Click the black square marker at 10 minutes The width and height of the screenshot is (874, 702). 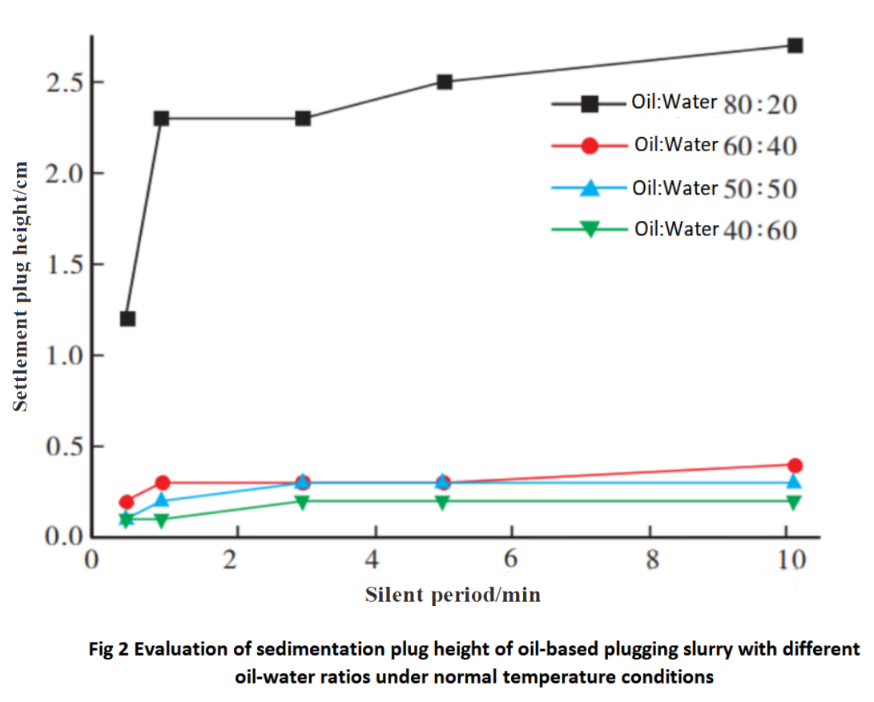coord(795,46)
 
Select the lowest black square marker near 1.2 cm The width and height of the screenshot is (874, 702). coord(127,319)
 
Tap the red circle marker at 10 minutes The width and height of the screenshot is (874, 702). coord(795,465)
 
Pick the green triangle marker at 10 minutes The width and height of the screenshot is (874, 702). coord(795,502)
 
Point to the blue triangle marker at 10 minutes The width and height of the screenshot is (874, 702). coord(795,481)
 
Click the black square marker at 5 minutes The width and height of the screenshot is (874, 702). coord(445,82)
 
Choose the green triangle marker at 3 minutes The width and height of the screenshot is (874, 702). coord(302,502)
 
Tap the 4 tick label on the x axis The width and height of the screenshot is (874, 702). coord(372,560)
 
